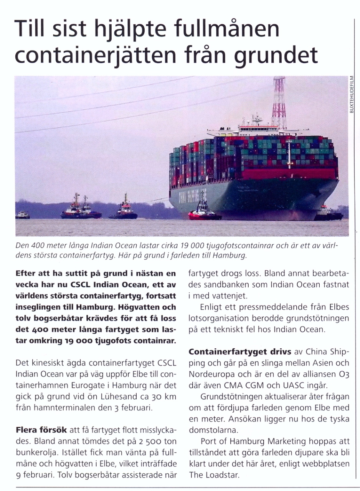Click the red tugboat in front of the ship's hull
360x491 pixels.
[204, 214]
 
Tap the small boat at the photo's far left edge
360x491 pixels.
[22, 215]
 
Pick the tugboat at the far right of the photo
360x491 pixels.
[328, 214]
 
